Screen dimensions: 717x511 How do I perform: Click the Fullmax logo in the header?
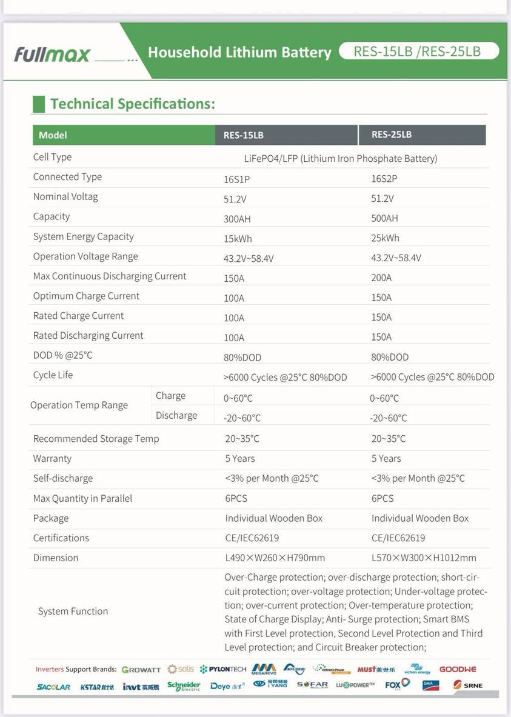coord(52,54)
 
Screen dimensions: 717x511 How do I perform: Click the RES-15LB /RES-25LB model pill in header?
coord(418,51)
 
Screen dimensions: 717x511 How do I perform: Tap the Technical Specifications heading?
coord(132,104)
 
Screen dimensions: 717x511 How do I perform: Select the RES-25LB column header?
coord(392,135)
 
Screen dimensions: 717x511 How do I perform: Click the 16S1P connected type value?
coord(236,179)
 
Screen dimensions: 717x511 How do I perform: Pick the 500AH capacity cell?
coord(384,218)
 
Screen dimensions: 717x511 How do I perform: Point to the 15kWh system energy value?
coord(238,238)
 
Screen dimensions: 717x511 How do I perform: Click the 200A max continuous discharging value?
coord(381,278)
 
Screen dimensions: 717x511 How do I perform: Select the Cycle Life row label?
coord(53,375)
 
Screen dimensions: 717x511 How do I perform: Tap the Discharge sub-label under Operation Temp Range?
coord(176,416)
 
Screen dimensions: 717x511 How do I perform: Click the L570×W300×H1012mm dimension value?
coord(424,558)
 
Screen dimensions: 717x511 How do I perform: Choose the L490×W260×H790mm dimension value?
coord(275,558)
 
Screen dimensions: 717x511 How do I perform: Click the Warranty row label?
coord(52,459)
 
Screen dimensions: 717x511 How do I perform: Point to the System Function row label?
coord(73,612)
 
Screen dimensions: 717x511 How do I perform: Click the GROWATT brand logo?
coord(141,670)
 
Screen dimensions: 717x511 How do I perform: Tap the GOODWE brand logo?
coord(458,669)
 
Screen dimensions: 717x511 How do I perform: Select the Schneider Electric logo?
coord(184,686)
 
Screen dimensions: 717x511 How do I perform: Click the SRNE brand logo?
coord(468,685)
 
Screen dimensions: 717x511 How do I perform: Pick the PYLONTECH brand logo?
coord(223,669)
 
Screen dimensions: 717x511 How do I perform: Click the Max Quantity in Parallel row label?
coord(82,499)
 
